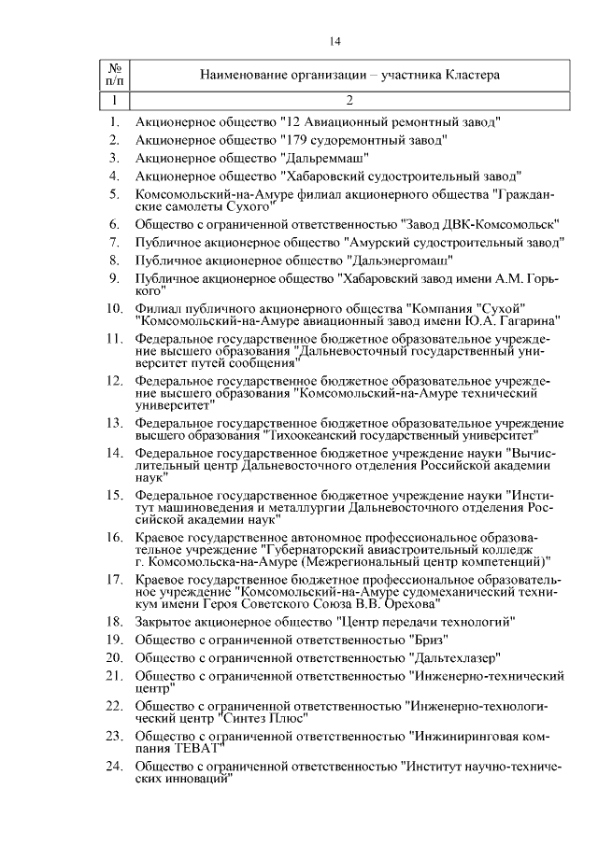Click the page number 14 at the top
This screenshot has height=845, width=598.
coord(335,41)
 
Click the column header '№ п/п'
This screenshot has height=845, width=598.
coord(115,75)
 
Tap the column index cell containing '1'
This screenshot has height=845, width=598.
coord(115,99)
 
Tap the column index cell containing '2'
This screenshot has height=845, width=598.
coord(349,99)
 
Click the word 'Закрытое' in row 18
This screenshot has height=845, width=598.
coord(163,621)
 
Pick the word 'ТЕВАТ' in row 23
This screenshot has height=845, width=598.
coord(193,749)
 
